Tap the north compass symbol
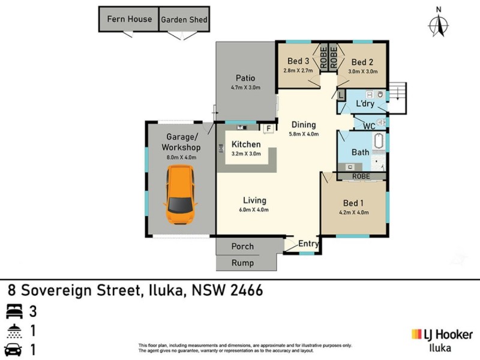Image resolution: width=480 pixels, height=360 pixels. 439,24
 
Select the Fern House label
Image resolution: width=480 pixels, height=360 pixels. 130,19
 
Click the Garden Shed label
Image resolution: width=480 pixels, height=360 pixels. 184,20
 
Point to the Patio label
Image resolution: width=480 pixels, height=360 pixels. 245,78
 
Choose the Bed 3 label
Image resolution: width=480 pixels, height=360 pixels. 298,61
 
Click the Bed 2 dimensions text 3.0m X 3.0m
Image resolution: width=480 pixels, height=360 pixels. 362,71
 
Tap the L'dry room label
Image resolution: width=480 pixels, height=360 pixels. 365,104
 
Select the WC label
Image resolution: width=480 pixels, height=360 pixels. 370,126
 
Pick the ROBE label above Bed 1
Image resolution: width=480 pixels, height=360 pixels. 361,176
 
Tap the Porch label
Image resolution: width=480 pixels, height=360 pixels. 242,247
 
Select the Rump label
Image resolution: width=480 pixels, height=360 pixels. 242,263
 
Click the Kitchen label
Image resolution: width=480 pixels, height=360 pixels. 246,145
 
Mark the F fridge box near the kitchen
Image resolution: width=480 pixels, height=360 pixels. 268,128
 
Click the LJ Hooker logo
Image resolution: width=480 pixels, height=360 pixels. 442,334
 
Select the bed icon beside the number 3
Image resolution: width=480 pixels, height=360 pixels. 13,311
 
